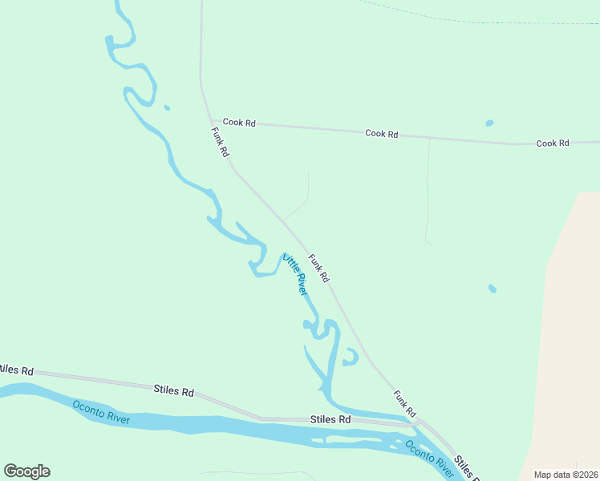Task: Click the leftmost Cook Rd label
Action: pyautogui.click(x=239, y=123)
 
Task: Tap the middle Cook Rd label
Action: pyautogui.click(x=381, y=134)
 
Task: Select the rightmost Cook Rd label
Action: pyautogui.click(x=553, y=143)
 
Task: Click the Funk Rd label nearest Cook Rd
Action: pyautogui.click(x=221, y=141)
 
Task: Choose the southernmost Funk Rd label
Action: pyautogui.click(x=405, y=404)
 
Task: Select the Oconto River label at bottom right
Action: pyautogui.click(x=430, y=458)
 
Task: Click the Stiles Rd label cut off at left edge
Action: pyautogui.click(x=16, y=370)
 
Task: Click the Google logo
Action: pyautogui.click(x=26, y=471)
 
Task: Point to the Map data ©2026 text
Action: pyautogui.click(x=566, y=475)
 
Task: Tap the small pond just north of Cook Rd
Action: pyautogui.click(x=489, y=123)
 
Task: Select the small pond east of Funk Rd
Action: pyautogui.click(x=492, y=288)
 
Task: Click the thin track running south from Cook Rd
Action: pyautogui.click(x=427, y=192)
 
